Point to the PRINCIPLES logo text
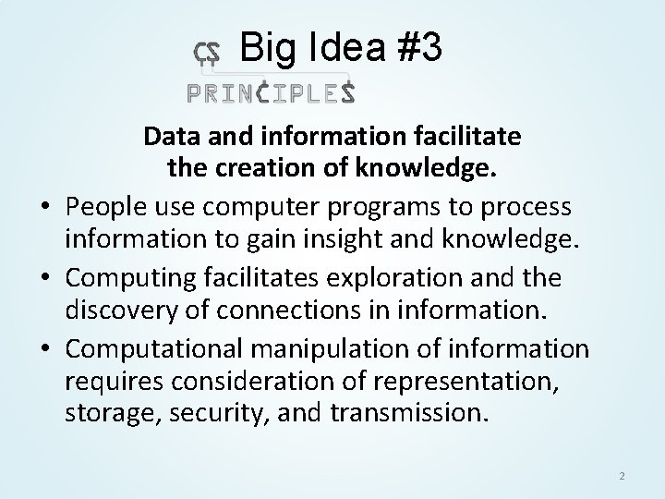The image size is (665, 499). [x=271, y=92]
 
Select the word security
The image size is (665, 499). [x=200, y=413]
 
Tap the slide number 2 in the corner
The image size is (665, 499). [x=622, y=476]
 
